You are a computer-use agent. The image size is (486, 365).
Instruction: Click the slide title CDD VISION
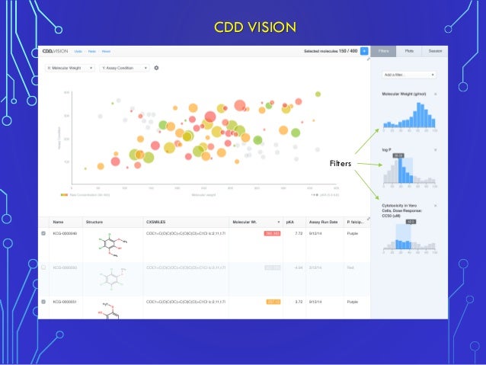(254, 28)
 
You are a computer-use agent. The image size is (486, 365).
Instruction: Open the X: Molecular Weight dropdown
(70, 68)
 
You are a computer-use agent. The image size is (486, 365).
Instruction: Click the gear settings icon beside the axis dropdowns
(156, 68)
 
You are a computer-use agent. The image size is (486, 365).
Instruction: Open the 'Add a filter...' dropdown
(409, 75)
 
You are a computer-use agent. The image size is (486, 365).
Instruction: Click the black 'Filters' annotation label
(340, 163)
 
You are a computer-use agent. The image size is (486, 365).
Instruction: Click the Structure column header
(95, 221)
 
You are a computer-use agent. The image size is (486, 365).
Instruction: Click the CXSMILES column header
(157, 221)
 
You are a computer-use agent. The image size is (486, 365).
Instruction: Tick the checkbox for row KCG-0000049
(43, 234)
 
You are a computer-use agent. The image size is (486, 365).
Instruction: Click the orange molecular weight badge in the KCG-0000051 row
(273, 301)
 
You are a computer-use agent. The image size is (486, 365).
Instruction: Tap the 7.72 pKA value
(299, 234)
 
